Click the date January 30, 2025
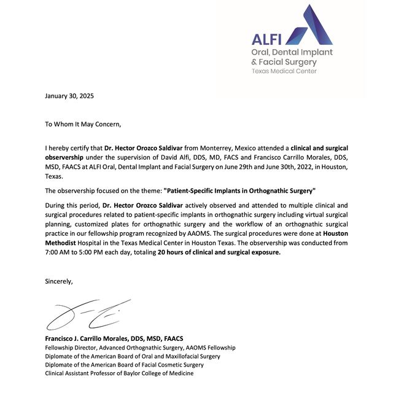click(x=70, y=96)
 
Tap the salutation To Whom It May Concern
click(x=83, y=123)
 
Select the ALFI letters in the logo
click(x=267, y=39)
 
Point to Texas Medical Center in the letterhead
click(x=284, y=71)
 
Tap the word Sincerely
click(x=59, y=281)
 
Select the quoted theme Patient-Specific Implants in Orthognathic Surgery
click(x=239, y=190)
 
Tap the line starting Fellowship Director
click(x=140, y=348)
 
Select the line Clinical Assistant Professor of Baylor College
click(x=120, y=373)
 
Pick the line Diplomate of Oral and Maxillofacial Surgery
click(x=133, y=356)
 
